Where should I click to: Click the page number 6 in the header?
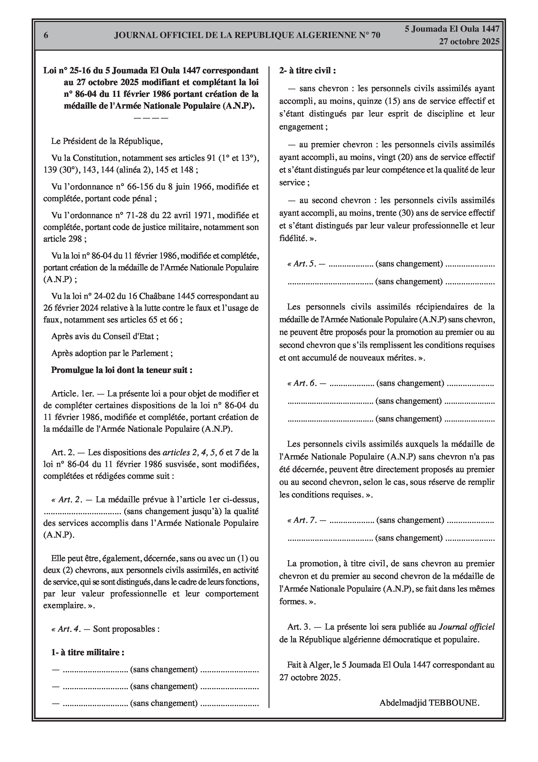(46, 35)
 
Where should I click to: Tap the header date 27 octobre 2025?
(469, 42)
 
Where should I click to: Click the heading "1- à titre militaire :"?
(88, 652)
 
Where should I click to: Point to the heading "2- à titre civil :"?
(307, 71)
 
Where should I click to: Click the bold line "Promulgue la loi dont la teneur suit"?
(122, 370)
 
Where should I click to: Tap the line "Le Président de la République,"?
(107, 141)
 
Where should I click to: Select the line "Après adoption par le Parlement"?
(112, 353)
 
